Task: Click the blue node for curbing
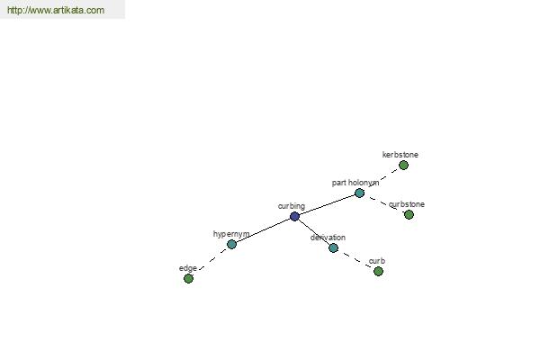[x=294, y=216]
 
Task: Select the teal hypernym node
[x=232, y=244]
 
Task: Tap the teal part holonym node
[x=359, y=193]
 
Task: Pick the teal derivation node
[x=333, y=247]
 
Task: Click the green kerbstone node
[x=403, y=166]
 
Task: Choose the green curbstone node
[x=409, y=214]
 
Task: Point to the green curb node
[x=379, y=272]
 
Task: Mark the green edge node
[x=188, y=278]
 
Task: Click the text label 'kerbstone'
[x=400, y=155]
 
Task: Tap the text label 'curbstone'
[x=407, y=204]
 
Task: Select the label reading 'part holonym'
[x=355, y=183]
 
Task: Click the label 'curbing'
[x=292, y=206]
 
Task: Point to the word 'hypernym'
[x=231, y=234]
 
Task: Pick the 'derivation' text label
[x=328, y=238]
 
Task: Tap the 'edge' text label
[x=188, y=268]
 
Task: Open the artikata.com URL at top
[x=56, y=10]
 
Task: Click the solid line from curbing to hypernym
[x=263, y=230]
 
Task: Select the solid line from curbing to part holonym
[x=327, y=204]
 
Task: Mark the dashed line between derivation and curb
[x=355, y=259]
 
